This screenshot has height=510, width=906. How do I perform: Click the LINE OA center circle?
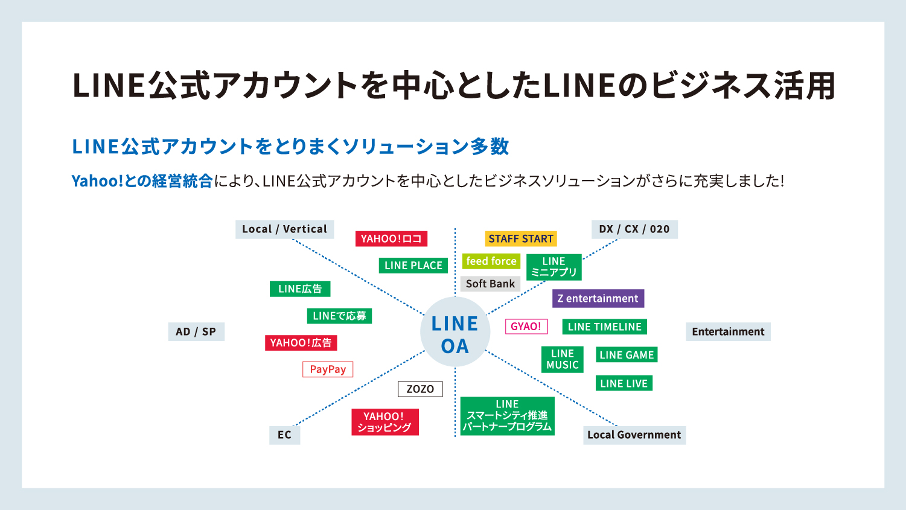tap(455, 333)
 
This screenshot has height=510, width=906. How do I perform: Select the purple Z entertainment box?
tap(598, 298)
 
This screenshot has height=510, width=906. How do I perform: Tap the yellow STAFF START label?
tap(520, 238)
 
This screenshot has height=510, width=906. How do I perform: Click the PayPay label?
tap(328, 369)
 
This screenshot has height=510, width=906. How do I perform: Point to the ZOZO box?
tap(420, 389)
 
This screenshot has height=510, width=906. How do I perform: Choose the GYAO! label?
tap(526, 327)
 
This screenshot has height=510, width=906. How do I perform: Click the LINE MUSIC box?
tap(562, 359)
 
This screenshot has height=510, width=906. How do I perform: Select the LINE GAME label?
tap(627, 355)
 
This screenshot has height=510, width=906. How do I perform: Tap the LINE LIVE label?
tap(624, 383)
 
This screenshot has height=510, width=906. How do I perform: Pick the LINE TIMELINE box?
tap(604, 327)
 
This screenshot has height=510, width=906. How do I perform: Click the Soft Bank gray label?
tap(490, 284)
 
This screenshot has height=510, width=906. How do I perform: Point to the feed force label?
tap(491, 261)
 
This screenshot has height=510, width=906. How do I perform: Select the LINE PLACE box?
tap(413, 266)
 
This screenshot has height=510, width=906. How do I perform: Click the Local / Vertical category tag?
tap(284, 229)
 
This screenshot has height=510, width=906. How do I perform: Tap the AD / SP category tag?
tap(196, 331)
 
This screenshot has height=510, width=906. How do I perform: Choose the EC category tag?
tap(284, 435)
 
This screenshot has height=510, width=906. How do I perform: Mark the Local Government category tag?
tap(634, 435)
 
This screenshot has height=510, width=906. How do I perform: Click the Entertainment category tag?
tap(728, 331)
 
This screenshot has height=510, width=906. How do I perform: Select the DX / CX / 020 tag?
tap(634, 229)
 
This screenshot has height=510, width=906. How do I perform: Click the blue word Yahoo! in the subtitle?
tap(97, 181)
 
